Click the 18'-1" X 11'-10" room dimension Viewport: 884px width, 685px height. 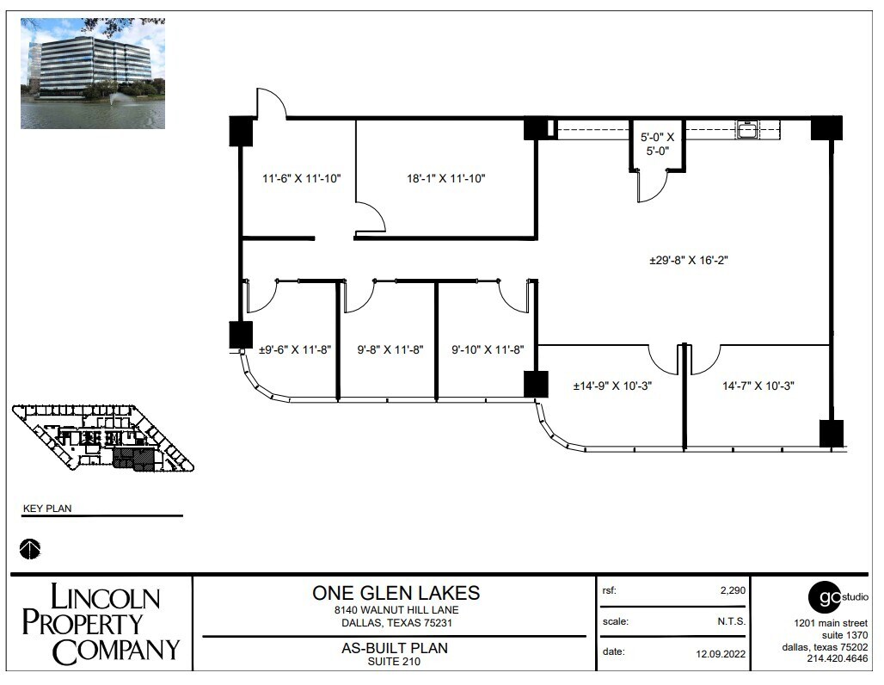pos(446,179)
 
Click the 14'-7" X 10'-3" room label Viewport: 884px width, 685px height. pos(758,386)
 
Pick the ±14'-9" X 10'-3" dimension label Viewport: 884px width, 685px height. pos(613,386)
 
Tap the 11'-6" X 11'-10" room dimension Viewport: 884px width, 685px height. pos(302,179)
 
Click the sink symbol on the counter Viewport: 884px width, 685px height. pos(746,131)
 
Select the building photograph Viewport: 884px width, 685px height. pos(93,73)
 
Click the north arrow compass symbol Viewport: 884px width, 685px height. pos(30,547)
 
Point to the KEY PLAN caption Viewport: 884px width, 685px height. pos(47,509)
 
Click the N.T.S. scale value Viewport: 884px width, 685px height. pos(731,621)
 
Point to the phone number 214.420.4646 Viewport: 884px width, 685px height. pos(838,659)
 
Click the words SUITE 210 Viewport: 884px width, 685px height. pos(395,662)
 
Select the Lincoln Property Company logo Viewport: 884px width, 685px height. pos(101,623)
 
